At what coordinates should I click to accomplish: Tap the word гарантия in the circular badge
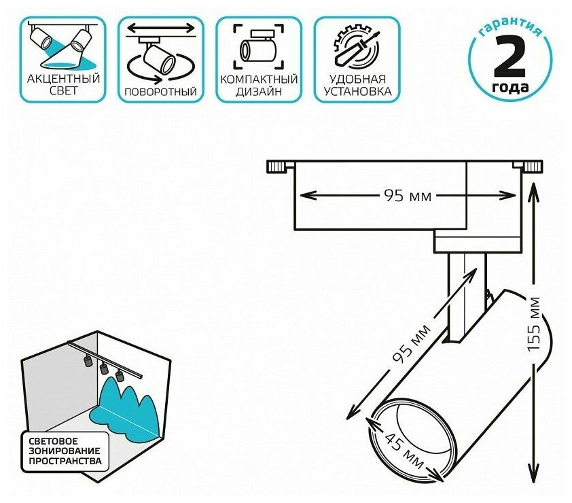[x=510, y=29]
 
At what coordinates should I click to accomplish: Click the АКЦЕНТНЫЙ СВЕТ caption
[x=63, y=84]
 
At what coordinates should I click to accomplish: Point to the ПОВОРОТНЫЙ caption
[x=161, y=91]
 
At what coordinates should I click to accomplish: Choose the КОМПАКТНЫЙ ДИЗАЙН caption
[x=259, y=84]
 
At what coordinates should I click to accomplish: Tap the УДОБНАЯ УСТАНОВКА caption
[x=357, y=84]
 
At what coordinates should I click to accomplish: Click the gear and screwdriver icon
[x=357, y=46]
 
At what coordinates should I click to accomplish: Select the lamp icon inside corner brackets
[x=259, y=46]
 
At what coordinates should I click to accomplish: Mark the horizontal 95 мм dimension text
[x=408, y=196]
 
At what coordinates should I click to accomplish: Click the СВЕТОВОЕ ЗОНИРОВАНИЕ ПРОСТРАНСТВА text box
[x=65, y=450]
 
